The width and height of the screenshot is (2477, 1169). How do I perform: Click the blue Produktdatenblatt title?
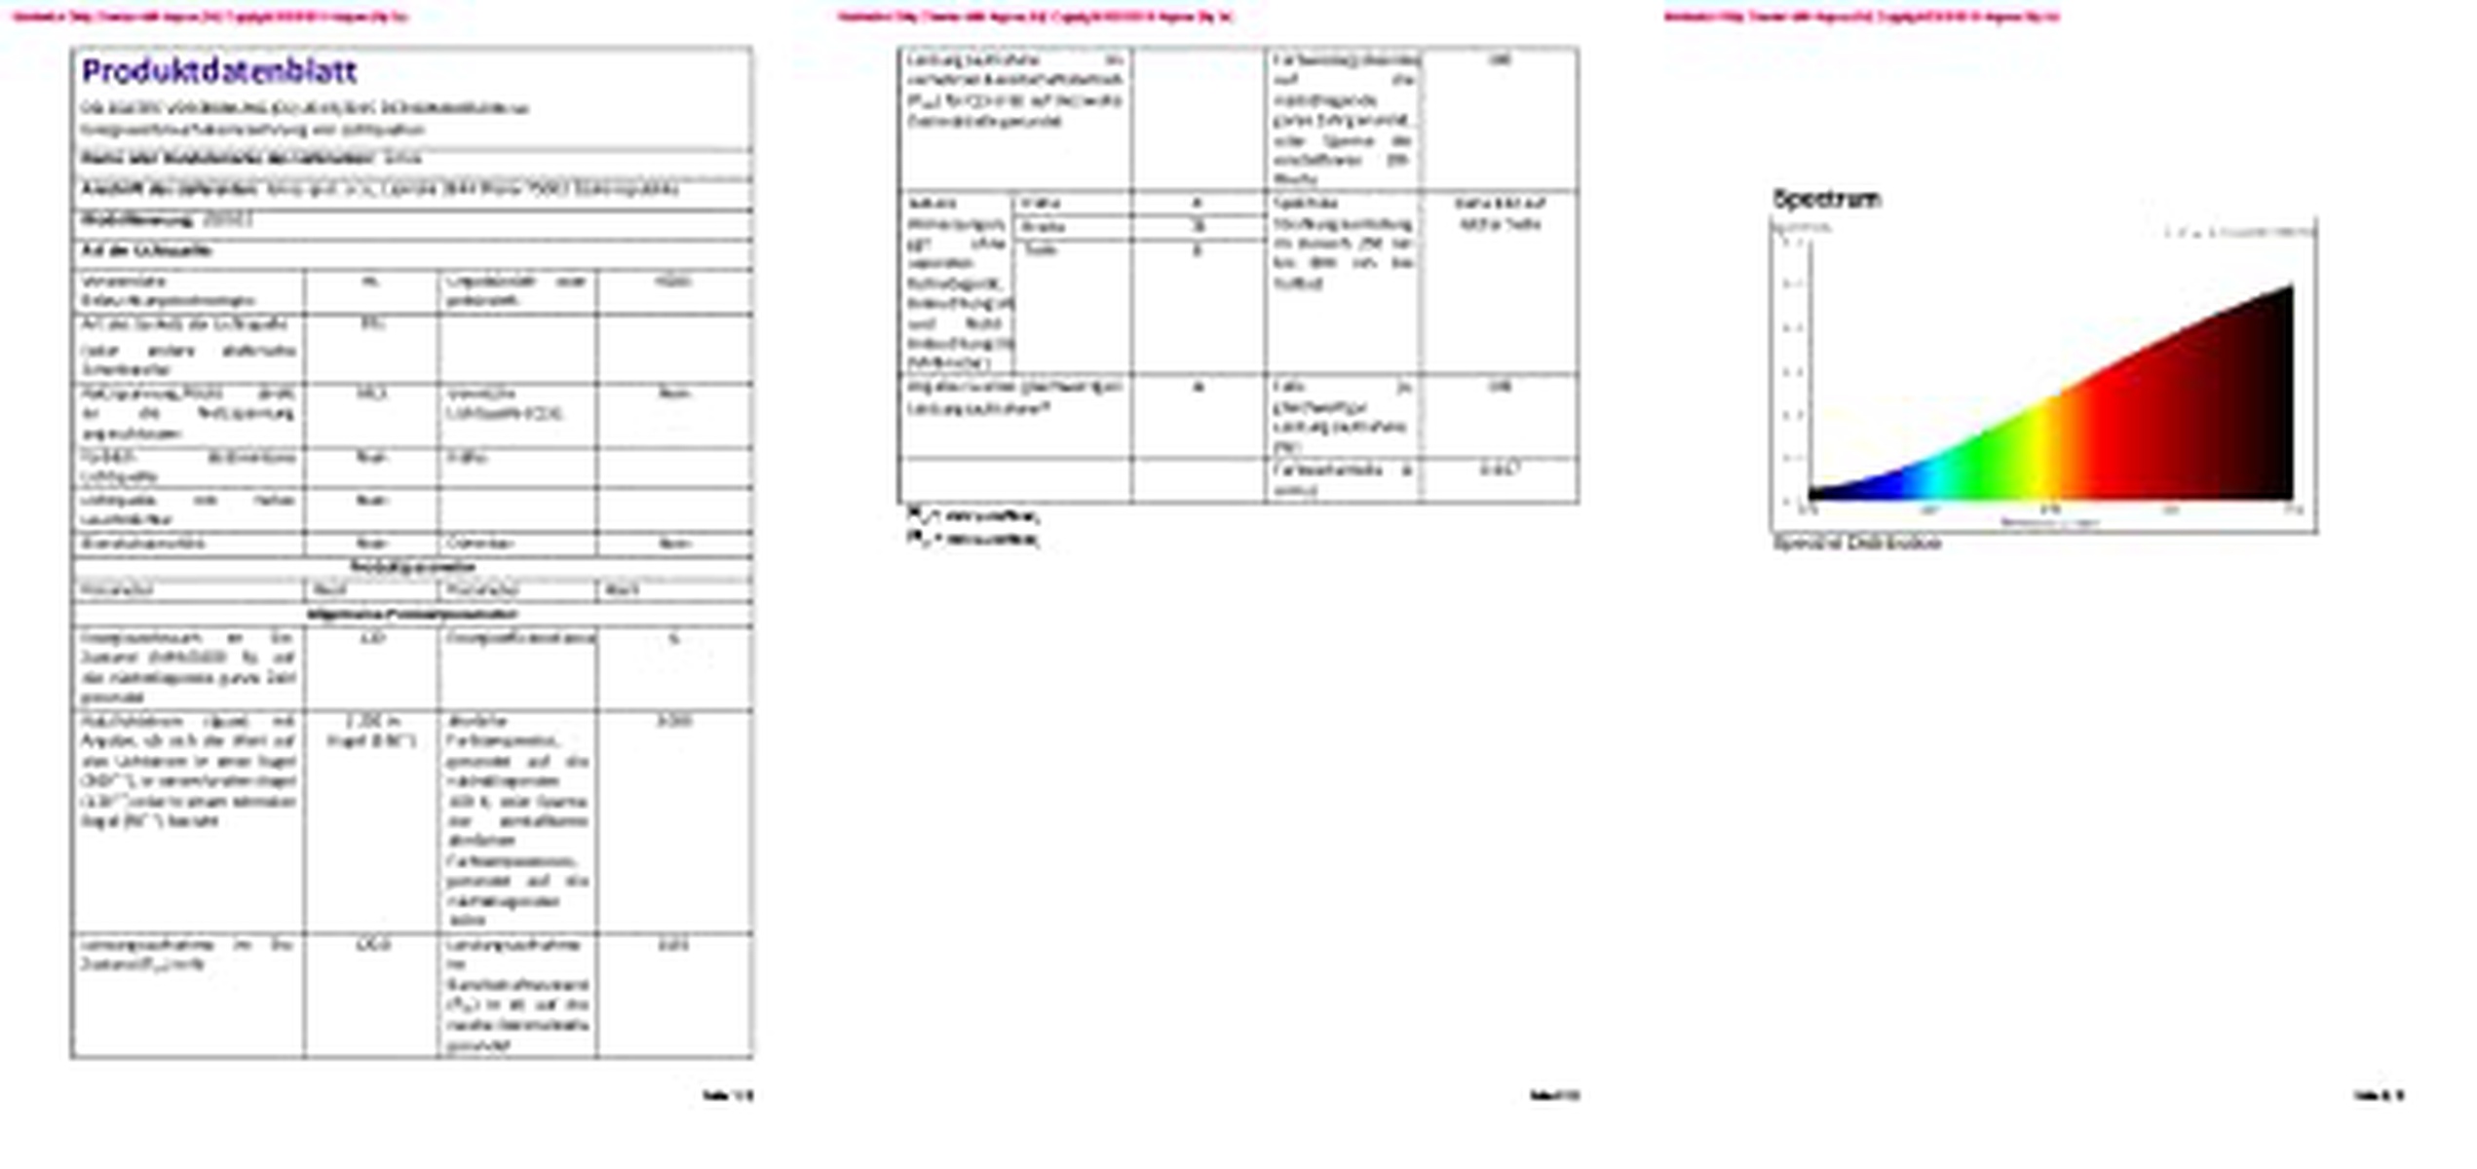(x=219, y=71)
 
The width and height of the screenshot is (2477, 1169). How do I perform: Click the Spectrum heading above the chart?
(x=1827, y=199)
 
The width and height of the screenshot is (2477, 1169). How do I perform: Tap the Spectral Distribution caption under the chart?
(x=1856, y=544)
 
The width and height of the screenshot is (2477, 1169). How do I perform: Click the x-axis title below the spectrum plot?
(x=2049, y=523)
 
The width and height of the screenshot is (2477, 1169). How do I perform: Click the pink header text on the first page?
(x=210, y=17)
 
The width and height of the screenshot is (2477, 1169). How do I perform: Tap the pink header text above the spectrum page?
(x=1861, y=17)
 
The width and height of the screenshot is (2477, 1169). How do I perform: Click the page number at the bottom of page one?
(x=728, y=1096)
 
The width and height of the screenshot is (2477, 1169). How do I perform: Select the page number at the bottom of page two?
(x=1554, y=1096)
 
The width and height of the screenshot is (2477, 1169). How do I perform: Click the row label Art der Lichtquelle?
(x=146, y=250)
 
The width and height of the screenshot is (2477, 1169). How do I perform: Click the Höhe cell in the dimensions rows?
(x=1040, y=204)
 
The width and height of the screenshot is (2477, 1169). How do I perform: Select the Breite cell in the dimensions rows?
(x=1043, y=227)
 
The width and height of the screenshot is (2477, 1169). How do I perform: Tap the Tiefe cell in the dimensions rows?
(x=1041, y=250)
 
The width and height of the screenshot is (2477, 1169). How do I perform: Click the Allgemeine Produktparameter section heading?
(x=411, y=615)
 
